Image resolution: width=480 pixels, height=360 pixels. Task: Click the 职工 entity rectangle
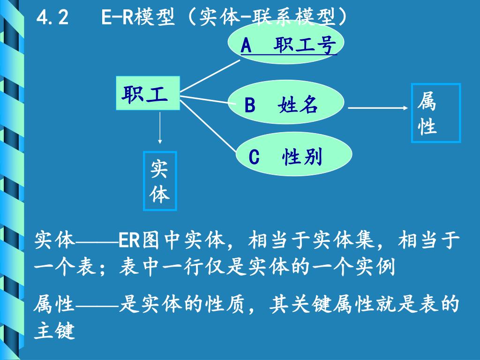(148, 93)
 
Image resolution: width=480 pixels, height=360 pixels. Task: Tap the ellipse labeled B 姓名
(286, 104)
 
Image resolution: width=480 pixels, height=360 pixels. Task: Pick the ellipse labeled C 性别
(293, 157)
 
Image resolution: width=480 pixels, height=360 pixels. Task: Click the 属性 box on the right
(435, 113)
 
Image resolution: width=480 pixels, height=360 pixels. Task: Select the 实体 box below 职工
(159, 181)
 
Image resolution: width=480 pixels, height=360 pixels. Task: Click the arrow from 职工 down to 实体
(160, 127)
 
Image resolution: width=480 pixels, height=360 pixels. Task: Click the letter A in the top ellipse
(246, 46)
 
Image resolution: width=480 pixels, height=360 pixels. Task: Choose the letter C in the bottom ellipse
(254, 157)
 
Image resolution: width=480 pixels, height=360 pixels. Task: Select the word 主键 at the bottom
(54, 331)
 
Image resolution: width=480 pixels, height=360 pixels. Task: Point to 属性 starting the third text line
(54, 306)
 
